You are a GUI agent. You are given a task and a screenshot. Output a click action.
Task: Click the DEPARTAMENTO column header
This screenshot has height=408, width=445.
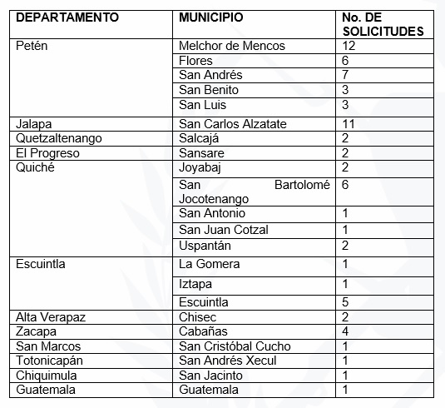pos(67,17)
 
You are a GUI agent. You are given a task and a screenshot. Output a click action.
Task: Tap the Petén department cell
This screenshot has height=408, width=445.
pos(32,45)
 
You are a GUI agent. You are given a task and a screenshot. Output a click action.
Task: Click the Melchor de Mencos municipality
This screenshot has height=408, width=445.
pos(232,45)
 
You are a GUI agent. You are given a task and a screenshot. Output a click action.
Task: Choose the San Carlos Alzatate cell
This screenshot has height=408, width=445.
pos(233,123)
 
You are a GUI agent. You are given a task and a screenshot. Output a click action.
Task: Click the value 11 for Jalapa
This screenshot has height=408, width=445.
pos(349,123)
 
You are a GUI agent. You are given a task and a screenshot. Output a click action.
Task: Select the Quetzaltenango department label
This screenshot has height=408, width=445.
pos(59,138)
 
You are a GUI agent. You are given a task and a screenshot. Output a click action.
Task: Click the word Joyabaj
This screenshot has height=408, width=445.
pos(202,167)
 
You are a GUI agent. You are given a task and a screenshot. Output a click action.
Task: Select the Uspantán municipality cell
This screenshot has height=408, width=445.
pos(205,246)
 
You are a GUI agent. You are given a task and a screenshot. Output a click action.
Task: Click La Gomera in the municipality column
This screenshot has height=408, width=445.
pos(210,264)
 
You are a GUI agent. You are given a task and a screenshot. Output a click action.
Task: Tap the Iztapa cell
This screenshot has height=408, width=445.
pos(195,284)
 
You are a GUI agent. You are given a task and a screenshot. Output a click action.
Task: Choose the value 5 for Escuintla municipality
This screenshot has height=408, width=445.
pos(347,302)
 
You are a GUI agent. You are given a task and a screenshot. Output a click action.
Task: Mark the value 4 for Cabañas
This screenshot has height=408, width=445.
pos(347,331)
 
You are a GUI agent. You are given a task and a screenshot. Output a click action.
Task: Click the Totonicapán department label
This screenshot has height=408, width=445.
pos(51,361)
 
